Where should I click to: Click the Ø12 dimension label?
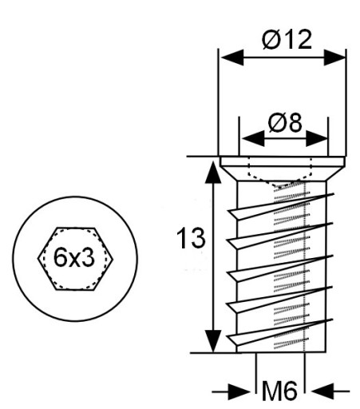pyautogui.click(x=287, y=39)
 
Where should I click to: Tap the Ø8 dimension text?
pyautogui.click(x=285, y=123)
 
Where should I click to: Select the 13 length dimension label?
pyautogui.click(x=191, y=237)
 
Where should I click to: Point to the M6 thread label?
pyautogui.click(x=279, y=391)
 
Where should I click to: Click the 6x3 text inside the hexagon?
pyautogui.click(x=74, y=258)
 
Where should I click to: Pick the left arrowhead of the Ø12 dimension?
pyautogui.click(x=232, y=58)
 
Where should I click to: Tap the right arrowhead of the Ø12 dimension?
pyautogui.click(x=334, y=58)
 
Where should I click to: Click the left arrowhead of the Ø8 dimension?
pyautogui.click(x=254, y=138)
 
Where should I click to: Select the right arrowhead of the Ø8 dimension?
pyautogui.click(x=317, y=138)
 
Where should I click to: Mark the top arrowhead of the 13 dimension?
pyautogui.click(x=213, y=172)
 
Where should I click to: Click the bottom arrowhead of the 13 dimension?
pyautogui.click(x=213, y=341)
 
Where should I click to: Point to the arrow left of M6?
pyautogui.click(x=231, y=391)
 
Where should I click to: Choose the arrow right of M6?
pyautogui.click(x=330, y=391)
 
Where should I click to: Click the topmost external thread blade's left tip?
pyautogui.click(x=228, y=212)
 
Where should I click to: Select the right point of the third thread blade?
pyautogui.click(x=333, y=256)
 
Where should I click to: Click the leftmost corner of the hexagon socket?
pyautogui.click(x=38, y=259)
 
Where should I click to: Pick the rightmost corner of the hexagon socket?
pyautogui.click(x=113, y=259)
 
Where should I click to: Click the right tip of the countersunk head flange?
pyautogui.click(x=345, y=165)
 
